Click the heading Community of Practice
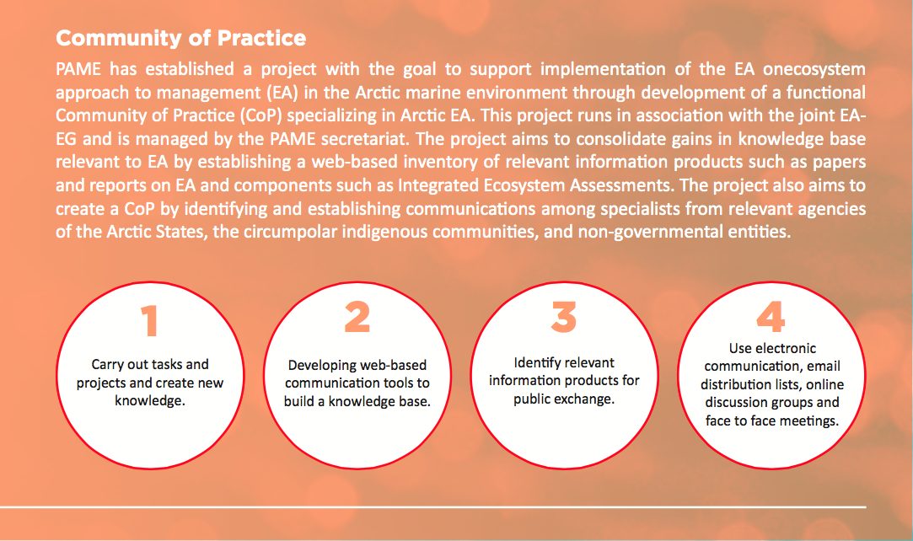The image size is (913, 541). pos(180,38)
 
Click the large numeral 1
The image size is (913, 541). pos(150,320)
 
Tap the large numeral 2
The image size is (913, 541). pos(357,317)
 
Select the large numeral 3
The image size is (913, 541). pos(564,317)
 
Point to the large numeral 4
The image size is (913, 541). pos(771,317)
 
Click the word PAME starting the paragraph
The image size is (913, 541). pos(78,69)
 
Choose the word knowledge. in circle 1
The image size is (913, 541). pos(150,401)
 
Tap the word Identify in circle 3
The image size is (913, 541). pos(534,363)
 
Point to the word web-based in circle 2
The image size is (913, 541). pos(400,366)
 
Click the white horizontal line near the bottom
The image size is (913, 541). pos(433,507)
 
